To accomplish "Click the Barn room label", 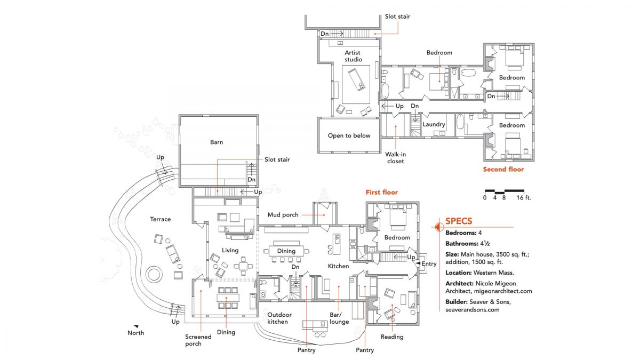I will click(217, 142).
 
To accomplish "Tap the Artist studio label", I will click(353, 56).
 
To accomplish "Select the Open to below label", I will click(349, 135).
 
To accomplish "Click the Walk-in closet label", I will click(396, 157).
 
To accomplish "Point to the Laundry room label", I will click(434, 125).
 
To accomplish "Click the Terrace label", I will click(160, 219).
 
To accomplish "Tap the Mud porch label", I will click(283, 215).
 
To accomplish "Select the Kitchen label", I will click(338, 266).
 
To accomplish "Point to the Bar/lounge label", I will click(339, 318).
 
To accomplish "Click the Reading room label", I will click(392, 337).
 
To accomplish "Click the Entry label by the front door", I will click(429, 264).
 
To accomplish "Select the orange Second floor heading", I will click(503, 170).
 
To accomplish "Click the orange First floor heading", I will click(381, 192).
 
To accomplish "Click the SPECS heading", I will click(459, 221).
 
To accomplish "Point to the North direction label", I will click(135, 333).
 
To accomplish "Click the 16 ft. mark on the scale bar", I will click(524, 198).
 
